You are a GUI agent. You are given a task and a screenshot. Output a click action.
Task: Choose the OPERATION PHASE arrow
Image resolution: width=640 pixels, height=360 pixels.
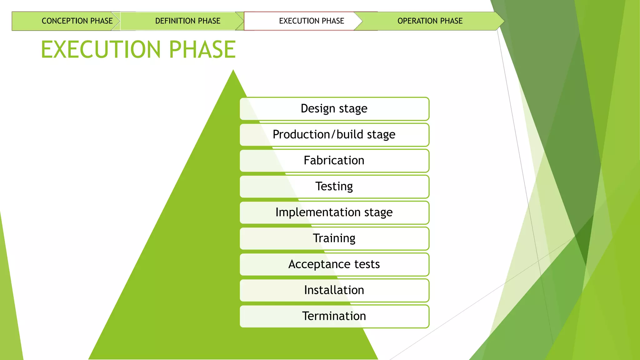430,21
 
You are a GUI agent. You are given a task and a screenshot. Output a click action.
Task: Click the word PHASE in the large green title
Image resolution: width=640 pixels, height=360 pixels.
202,50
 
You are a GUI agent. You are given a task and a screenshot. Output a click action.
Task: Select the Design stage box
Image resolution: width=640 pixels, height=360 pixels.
334,109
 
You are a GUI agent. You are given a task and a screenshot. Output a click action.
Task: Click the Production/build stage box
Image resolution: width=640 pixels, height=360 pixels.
334,135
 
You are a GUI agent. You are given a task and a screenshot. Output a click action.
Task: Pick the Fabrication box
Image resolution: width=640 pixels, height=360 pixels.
334,161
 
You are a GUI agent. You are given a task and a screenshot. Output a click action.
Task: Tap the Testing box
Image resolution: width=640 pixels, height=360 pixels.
334,187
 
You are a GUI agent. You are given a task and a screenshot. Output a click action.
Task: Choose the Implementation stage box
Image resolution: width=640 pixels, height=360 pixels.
334,212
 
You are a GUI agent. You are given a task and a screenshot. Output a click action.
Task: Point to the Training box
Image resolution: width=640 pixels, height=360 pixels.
334,238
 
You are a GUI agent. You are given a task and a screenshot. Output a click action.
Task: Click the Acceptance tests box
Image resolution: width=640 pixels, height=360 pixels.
334,264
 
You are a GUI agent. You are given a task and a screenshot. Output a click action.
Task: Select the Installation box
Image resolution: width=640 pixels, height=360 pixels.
334,290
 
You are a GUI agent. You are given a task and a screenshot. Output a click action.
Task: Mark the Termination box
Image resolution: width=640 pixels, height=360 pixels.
334,316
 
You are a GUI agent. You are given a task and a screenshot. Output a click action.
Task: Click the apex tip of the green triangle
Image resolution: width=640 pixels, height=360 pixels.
233,71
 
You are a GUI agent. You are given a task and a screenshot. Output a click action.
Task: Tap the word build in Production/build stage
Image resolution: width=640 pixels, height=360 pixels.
350,134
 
